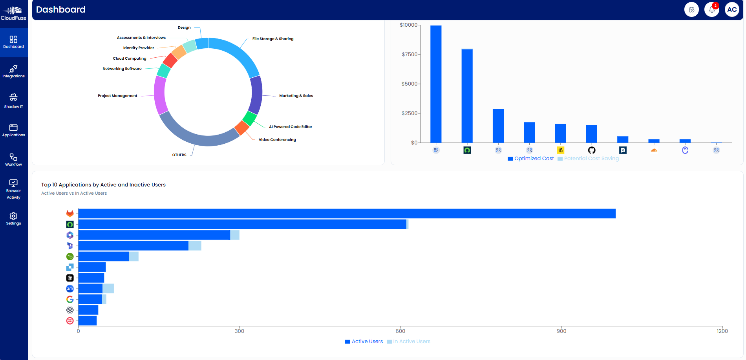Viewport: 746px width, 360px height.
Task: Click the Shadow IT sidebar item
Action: (13, 101)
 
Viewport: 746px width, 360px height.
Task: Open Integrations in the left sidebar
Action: (13, 71)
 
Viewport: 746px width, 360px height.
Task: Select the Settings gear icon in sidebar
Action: (13, 218)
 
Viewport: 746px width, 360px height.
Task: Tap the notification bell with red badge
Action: (711, 9)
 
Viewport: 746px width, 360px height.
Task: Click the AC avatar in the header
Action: (732, 9)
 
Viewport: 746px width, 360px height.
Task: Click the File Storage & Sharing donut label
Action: (272, 39)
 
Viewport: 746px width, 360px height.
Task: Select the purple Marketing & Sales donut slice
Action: (256, 95)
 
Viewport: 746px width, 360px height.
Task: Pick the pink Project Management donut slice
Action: (160, 95)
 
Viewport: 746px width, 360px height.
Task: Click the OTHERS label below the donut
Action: (179, 155)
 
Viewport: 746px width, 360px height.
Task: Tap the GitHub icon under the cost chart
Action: (591, 150)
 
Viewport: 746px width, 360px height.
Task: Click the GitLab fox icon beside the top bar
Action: (70, 214)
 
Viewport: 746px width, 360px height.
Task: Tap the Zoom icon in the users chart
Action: (70, 289)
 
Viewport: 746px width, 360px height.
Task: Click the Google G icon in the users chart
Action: (70, 299)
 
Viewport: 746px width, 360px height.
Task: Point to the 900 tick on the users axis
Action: (561, 331)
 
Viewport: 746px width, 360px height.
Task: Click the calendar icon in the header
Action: (691, 9)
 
